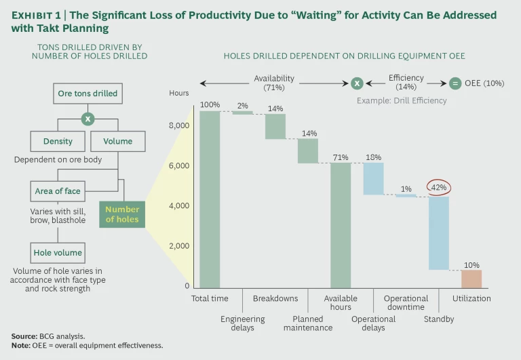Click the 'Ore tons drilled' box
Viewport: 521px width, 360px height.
(x=88, y=94)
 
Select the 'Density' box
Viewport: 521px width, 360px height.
(x=58, y=142)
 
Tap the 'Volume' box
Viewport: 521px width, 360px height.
(x=117, y=142)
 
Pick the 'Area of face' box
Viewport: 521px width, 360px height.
(x=58, y=191)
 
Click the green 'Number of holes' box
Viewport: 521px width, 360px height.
(x=122, y=214)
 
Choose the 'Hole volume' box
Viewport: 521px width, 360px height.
(x=58, y=253)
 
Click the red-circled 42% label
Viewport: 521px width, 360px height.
(x=438, y=187)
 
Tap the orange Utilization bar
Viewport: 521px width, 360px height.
(x=471, y=279)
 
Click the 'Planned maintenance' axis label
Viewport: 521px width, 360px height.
(x=312, y=323)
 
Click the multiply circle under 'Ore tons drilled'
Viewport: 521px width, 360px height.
(x=88, y=119)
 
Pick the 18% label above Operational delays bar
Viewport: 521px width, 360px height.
(x=373, y=157)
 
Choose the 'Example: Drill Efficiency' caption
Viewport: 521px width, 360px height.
(x=402, y=101)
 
